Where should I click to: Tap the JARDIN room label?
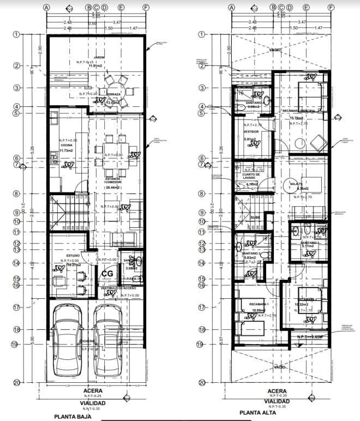coord(99,57)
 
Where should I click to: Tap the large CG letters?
coord(107,273)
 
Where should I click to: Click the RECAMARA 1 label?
coord(259,303)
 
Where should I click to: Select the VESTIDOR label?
coord(251,131)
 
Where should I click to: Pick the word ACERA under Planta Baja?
coord(93,391)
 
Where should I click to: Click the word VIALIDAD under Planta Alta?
coord(277,401)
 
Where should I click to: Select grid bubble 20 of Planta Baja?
coord(16,382)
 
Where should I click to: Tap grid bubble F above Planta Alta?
coord(331,8)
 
